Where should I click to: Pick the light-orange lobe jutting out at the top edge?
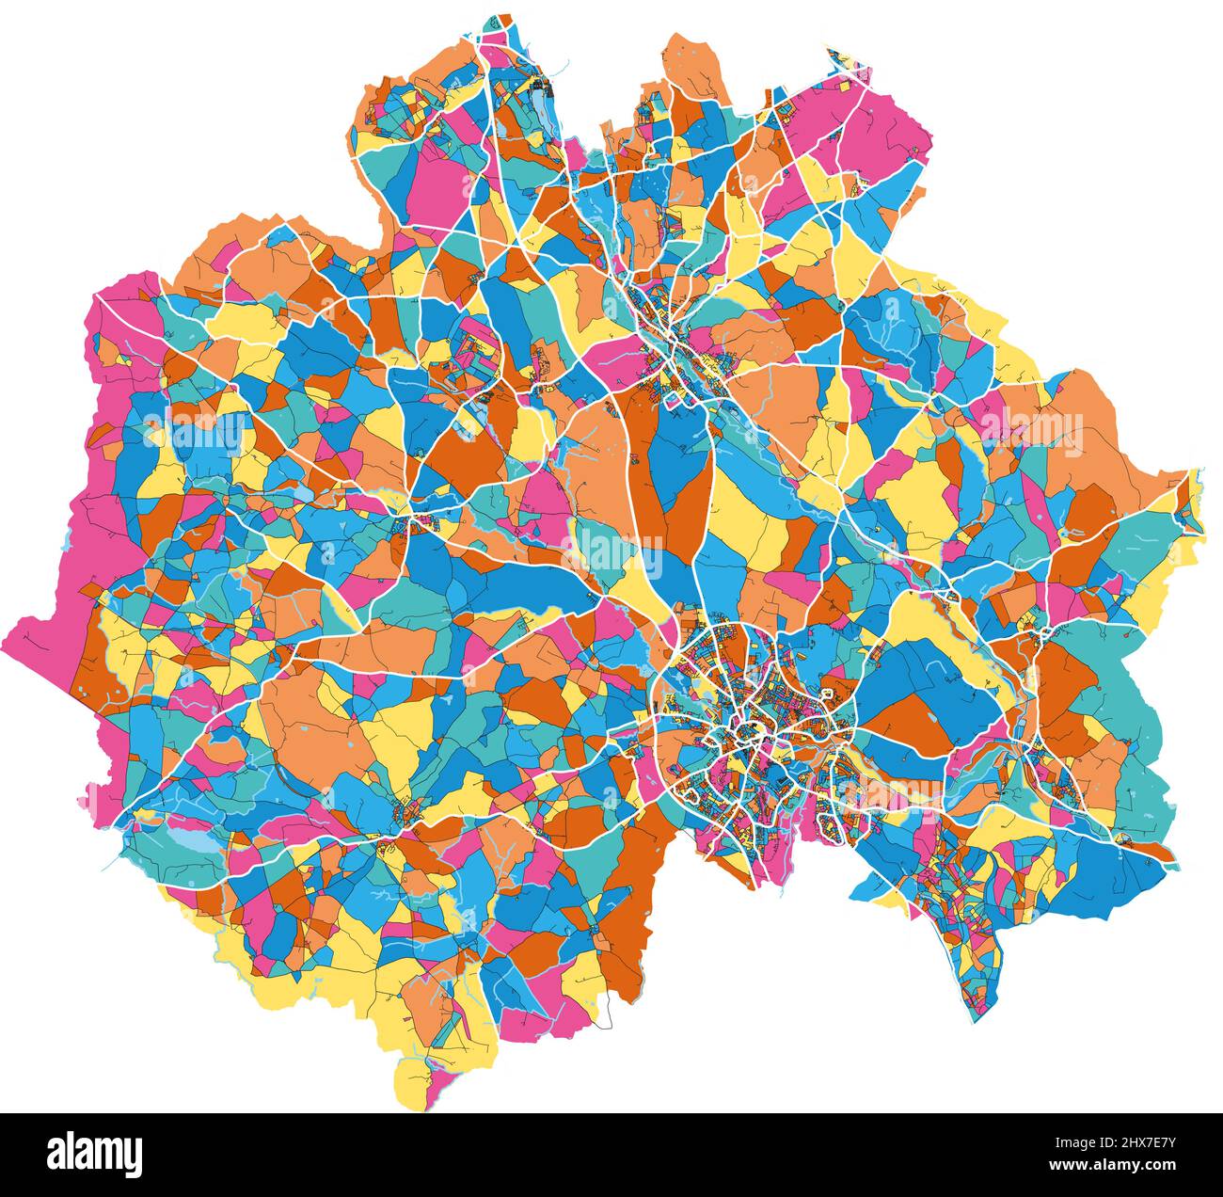pyautogui.click(x=696, y=66)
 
